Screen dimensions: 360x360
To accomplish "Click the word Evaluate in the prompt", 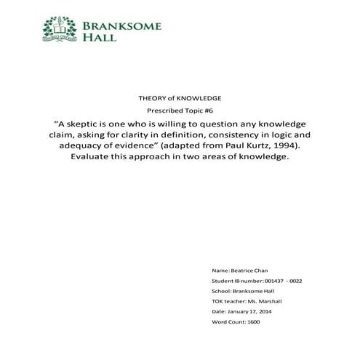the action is point(92,157).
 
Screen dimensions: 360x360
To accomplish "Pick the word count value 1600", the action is point(253,320).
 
